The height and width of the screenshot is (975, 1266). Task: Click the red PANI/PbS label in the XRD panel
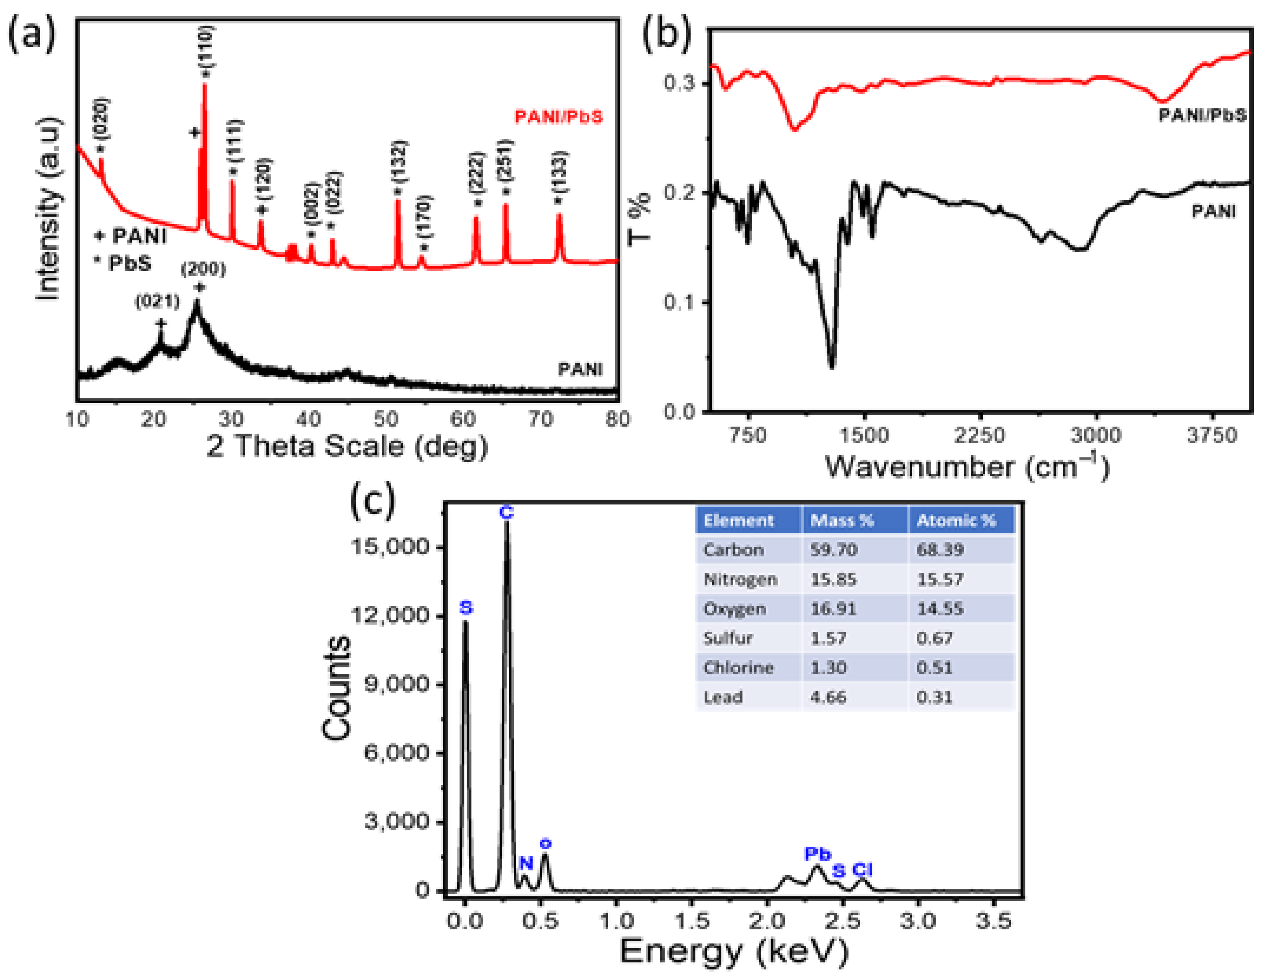(559, 117)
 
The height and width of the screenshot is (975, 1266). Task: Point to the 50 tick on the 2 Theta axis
(386, 419)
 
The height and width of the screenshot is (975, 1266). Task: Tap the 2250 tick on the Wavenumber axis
(980, 435)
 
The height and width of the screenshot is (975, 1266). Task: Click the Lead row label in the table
(723, 697)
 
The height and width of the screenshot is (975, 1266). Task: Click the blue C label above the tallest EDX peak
(506, 513)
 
